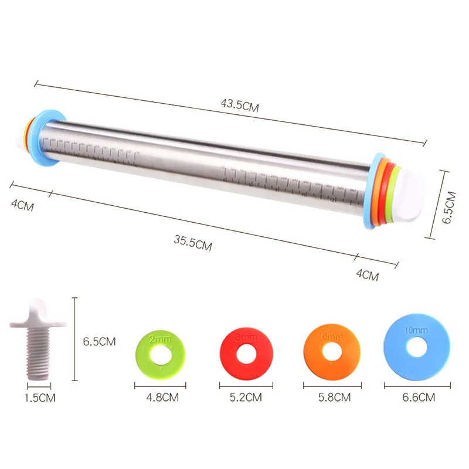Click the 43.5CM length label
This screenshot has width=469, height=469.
click(x=240, y=106)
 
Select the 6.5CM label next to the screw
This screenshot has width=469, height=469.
click(x=98, y=341)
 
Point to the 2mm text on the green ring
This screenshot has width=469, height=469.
click(x=157, y=338)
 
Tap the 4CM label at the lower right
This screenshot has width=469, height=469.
click(x=368, y=274)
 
